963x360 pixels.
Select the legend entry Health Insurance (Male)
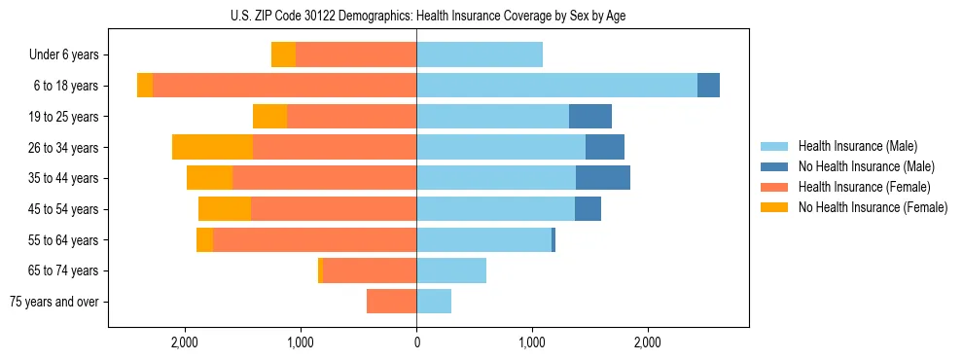[x=856, y=146]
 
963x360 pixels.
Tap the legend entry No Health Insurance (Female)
[x=873, y=207]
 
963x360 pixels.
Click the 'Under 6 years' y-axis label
[x=64, y=55]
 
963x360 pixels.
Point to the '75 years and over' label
[x=54, y=302]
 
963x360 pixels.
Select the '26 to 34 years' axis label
[x=64, y=148]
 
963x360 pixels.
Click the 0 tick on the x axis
[x=416, y=342]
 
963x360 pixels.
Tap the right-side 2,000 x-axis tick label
[x=648, y=342]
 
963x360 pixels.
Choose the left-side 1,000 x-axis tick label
[x=301, y=342]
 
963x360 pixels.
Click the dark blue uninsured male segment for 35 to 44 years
[x=603, y=178]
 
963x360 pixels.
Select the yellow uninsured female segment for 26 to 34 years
[x=212, y=147]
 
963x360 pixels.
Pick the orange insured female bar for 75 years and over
[x=391, y=302]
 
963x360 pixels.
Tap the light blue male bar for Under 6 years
[x=480, y=54]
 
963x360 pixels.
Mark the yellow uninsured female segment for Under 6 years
[x=283, y=54]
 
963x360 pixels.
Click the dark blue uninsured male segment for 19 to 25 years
[x=590, y=117]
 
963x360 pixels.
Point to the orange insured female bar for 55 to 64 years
[x=314, y=240]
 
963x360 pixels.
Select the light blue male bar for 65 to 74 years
[x=451, y=270]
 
